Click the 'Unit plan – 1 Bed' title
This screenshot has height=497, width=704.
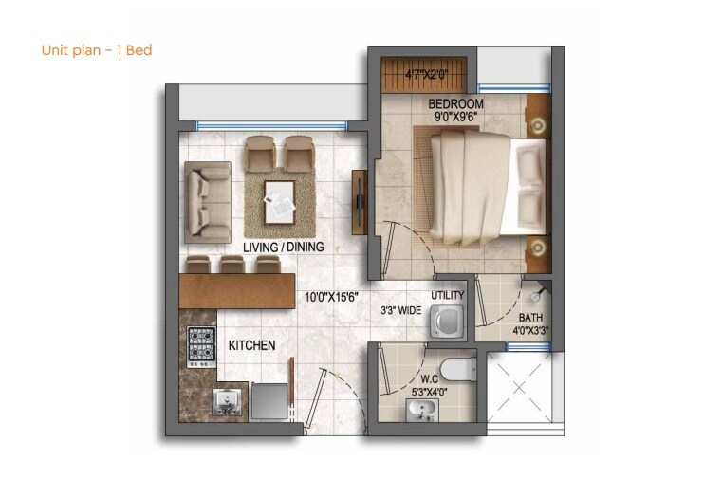97,50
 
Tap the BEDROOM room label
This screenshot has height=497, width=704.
455,103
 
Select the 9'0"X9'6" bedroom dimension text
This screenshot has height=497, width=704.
455,119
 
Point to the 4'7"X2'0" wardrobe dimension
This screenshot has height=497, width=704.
426,73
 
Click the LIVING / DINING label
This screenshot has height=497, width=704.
284,247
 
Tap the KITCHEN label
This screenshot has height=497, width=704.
251,345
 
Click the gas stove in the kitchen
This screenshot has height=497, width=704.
200,348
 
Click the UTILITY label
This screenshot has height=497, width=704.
448,296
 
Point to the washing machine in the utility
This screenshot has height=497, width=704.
447,322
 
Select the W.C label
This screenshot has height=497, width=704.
430,378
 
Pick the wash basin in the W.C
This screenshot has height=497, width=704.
420,409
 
